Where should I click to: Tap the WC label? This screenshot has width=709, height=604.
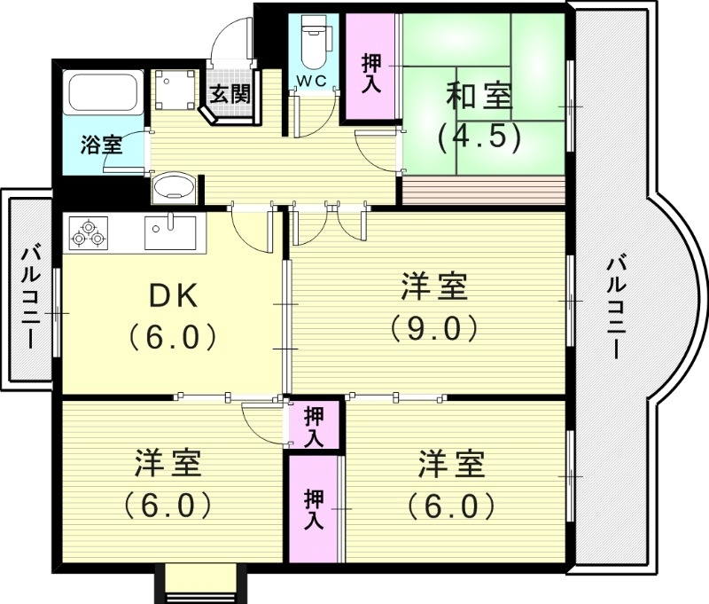(311, 81)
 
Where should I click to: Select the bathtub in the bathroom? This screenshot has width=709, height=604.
(103, 92)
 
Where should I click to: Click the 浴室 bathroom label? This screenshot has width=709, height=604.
(101, 145)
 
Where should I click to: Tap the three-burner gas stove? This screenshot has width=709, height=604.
(88, 233)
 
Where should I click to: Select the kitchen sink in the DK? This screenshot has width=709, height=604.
(171, 230)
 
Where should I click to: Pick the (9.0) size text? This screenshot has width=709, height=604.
(434, 328)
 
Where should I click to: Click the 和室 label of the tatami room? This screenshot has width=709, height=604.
(479, 97)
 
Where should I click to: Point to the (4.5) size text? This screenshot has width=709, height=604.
(479, 137)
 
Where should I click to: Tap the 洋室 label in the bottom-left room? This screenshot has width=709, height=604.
(168, 464)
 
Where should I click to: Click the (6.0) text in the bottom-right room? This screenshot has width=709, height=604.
(451, 505)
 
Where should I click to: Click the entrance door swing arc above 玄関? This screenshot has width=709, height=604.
(232, 44)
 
